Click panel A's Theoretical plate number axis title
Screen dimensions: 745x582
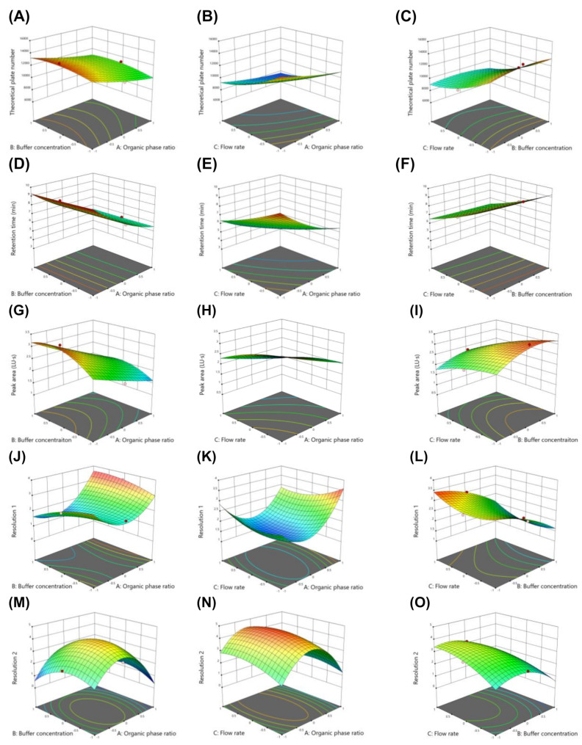tap(14, 84)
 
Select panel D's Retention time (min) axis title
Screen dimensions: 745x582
tap(14, 230)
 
